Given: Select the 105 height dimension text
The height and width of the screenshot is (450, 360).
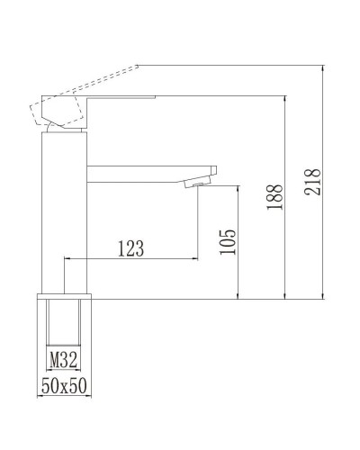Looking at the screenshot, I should (228, 242).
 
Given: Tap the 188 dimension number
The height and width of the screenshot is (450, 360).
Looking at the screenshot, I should (274, 193).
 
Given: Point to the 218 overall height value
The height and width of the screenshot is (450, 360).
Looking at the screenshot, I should (314, 181).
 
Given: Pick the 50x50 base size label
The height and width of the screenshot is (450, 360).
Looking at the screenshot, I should (65, 385).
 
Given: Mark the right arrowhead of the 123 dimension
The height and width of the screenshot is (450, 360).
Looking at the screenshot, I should (195, 259).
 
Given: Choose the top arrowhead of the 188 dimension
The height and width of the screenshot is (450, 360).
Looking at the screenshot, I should (284, 96).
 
